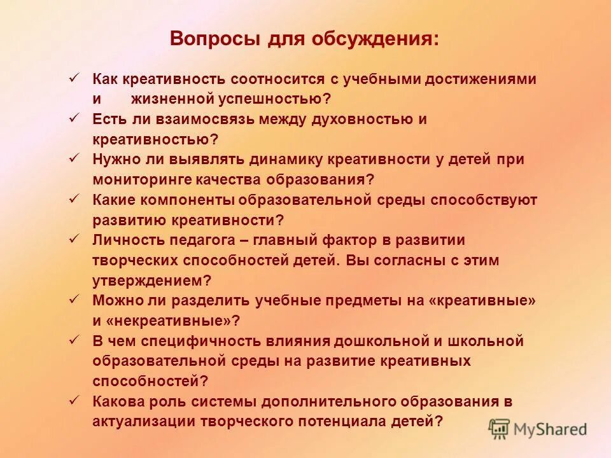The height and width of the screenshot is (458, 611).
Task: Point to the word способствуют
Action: pyautogui.click(x=484, y=200)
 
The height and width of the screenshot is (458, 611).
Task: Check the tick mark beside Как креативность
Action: pyautogui.click(x=74, y=78)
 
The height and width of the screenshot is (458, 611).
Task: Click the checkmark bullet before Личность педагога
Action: pyautogui.click(x=74, y=239)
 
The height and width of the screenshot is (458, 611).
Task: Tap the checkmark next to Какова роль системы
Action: pyautogui.click(x=74, y=400)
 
